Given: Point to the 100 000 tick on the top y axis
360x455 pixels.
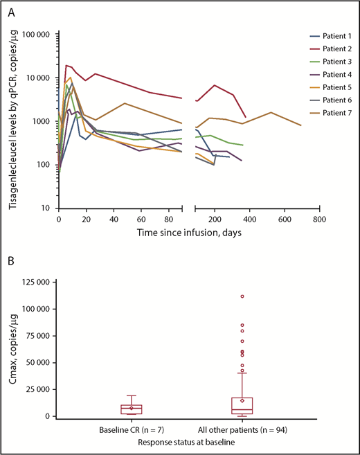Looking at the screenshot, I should [x=36, y=35].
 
